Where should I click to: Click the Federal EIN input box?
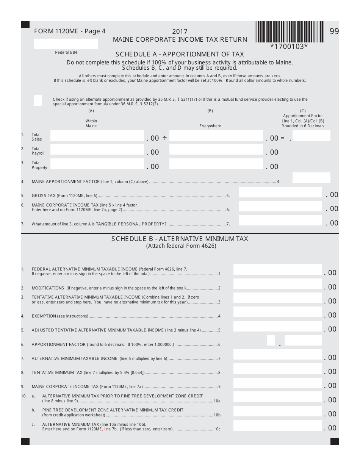pyautogui.click(x=66, y=44)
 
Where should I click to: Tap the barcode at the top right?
pyautogui.click(x=289, y=32)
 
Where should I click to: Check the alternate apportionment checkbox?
pyautogui.click(x=38, y=100)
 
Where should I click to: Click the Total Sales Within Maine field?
pyautogui.click(x=97, y=136)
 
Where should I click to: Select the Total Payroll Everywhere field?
pyautogui.click(x=216, y=150)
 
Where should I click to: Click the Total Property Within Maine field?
pyautogui.click(x=97, y=164)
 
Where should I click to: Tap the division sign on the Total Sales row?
pyautogui.click(x=164, y=138)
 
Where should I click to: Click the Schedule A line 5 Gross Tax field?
pyautogui.click(x=280, y=192)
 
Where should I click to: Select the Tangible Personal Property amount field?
pyautogui.click(x=280, y=220)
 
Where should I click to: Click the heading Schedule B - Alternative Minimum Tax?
pyautogui.click(x=180, y=239)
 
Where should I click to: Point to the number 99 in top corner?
pyautogui.click(x=334, y=31)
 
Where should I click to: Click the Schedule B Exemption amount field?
pyautogui.click(x=277, y=312)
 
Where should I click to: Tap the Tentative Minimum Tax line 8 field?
pyautogui.click(x=277, y=369)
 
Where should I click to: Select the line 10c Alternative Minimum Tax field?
pyautogui.click(x=277, y=425)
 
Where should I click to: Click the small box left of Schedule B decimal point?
pyautogui.click(x=271, y=340)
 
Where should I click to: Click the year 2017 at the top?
pyautogui.click(x=180, y=32)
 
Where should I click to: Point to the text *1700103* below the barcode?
pyautogui.click(x=289, y=47)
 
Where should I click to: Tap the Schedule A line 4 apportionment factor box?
pyautogui.click(x=311, y=178)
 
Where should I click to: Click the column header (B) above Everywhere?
pyautogui.click(x=210, y=111)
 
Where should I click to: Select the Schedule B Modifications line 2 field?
pyautogui.click(x=277, y=284)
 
